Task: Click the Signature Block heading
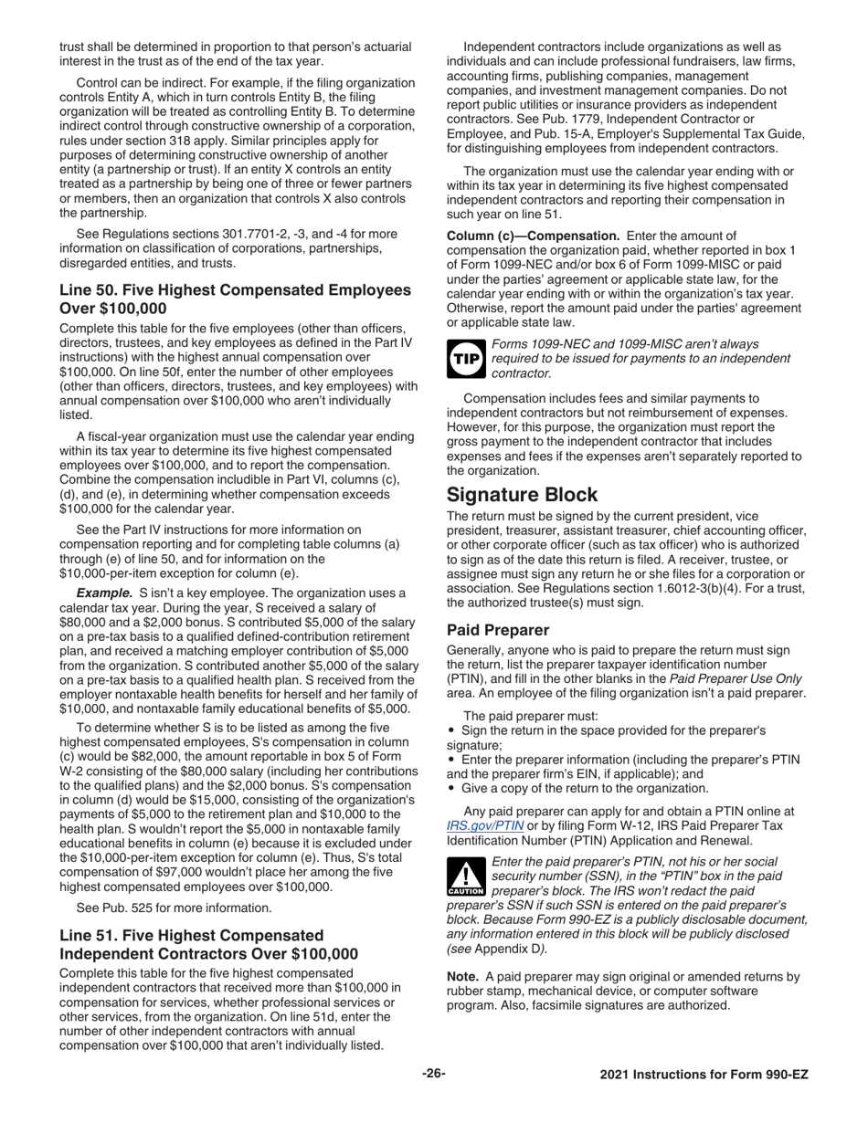pyautogui.click(x=522, y=495)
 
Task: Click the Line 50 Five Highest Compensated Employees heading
pyautogui.click(x=235, y=299)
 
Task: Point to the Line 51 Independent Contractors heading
pyautogui.click(x=208, y=944)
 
